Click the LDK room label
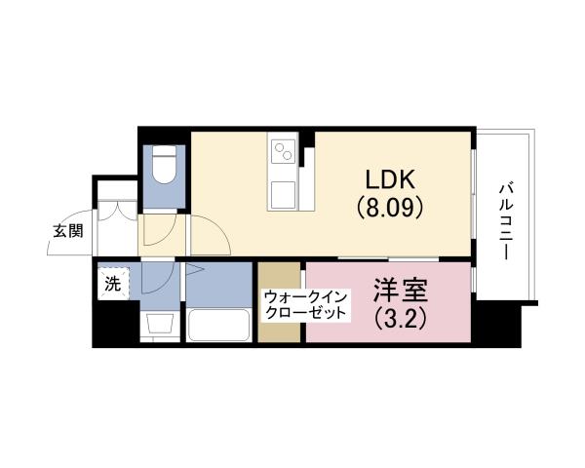coord(390,179)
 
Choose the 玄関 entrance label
coord(67,231)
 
